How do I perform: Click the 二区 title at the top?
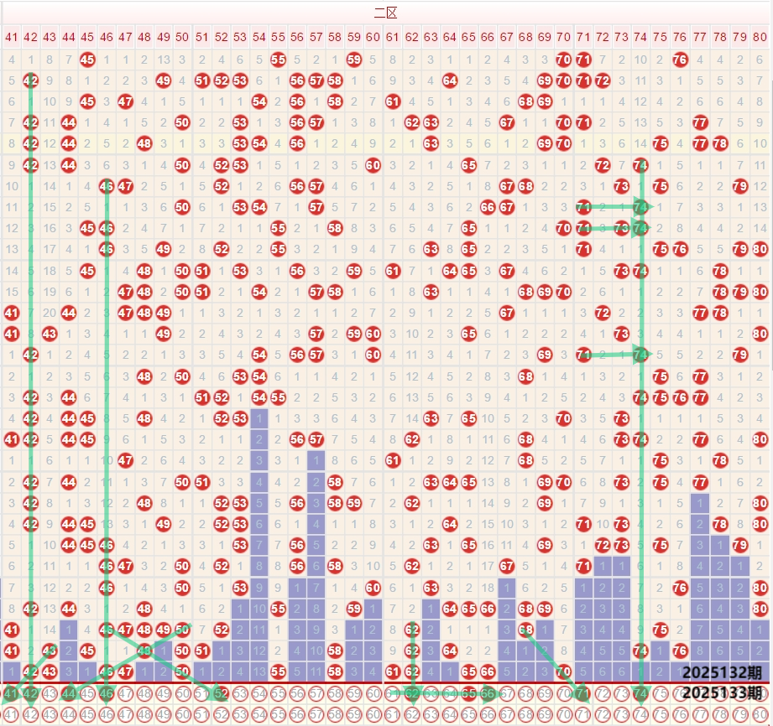pyautogui.click(x=385, y=13)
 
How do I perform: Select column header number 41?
pyautogui.click(x=12, y=37)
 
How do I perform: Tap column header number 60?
pyautogui.click(x=373, y=37)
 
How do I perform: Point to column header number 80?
pyautogui.click(x=760, y=37)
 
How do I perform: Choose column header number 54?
pyautogui.click(x=259, y=37)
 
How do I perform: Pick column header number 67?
pyautogui.click(x=506, y=37)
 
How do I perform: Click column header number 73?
pyautogui.click(x=620, y=37)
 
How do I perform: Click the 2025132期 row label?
pyautogui.click(x=722, y=672)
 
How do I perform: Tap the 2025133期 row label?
pyautogui.click(x=722, y=692)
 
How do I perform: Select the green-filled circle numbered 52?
pyautogui.click(x=221, y=693)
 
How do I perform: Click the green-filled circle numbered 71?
pyautogui.click(x=582, y=693)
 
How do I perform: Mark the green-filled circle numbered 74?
pyautogui.click(x=640, y=693)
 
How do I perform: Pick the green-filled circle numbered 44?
pyautogui.click(x=69, y=693)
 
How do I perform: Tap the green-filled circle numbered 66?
pyautogui.click(x=488, y=693)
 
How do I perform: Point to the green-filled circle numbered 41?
pyautogui.click(x=12, y=693)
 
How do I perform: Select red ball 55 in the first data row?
pyautogui.click(x=278, y=60)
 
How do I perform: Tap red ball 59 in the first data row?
pyautogui.click(x=353, y=60)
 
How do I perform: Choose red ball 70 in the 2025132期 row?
pyautogui.click(x=563, y=672)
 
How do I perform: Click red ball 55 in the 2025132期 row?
pyautogui.click(x=278, y=672)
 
